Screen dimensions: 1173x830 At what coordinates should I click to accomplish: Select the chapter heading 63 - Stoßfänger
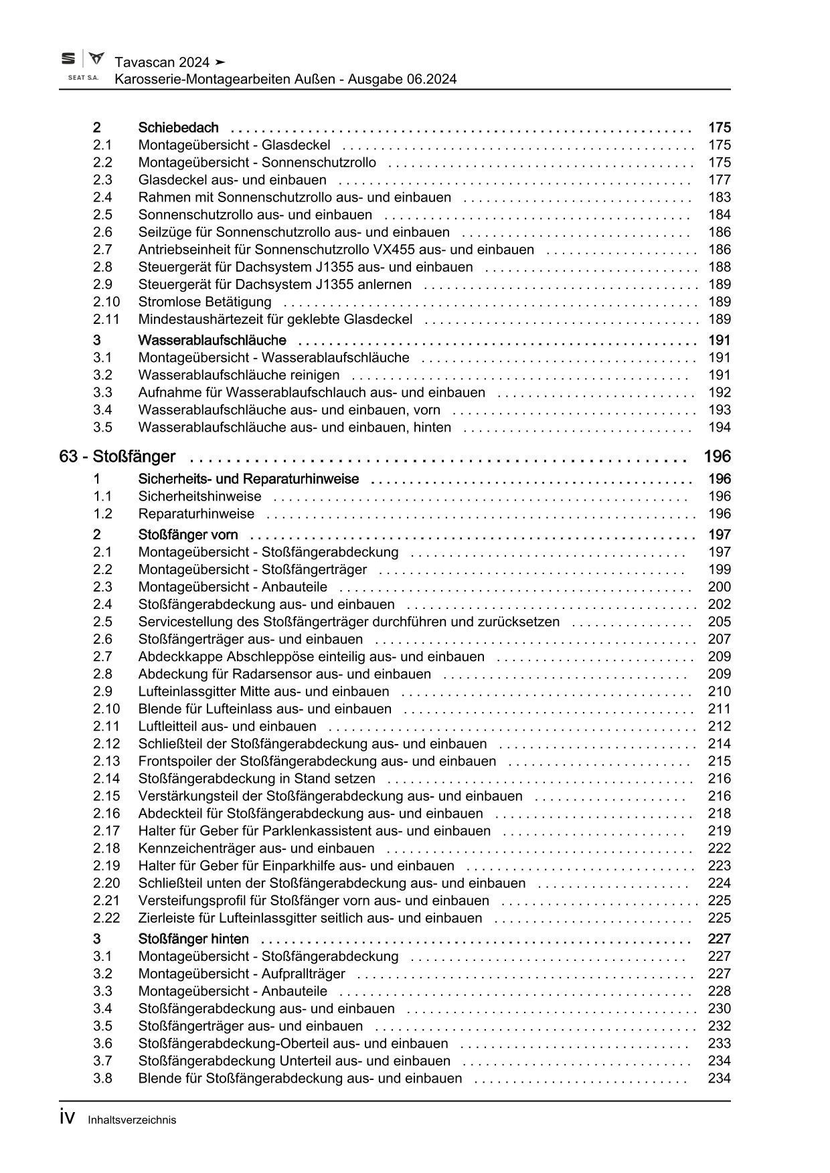tap(117, 457)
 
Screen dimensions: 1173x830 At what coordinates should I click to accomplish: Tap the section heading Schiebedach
tap(178, 128)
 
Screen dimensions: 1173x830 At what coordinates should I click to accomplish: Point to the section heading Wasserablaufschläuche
tap(212, 341)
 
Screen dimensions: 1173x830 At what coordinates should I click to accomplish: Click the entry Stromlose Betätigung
tap(205, 302)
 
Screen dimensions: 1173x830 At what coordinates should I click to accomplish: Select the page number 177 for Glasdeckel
tap(719, 180)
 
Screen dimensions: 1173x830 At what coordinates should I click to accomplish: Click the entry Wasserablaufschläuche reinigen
tap(238, 375)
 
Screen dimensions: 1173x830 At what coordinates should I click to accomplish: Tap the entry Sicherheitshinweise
tap(199, 497)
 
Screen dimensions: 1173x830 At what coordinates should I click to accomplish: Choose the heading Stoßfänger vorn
tap(188, 535)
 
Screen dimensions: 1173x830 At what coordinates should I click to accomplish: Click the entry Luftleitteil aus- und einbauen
tap(227, 726)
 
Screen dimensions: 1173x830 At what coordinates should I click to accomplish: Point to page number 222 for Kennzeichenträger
tap(719, 848)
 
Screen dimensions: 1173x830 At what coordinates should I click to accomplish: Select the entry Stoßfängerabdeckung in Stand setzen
tap(256, 779)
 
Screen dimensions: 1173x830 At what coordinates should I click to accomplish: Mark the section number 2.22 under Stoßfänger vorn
tap(106, 918)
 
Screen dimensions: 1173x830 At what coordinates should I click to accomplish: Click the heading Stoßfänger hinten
tap(193, 939)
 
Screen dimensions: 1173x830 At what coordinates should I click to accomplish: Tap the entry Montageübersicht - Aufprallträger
tap(242, 974)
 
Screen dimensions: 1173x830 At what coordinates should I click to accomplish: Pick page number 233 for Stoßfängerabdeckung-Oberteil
tap(719, 1043)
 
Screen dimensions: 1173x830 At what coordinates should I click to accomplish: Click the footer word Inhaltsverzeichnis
tap(132, 1120)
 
